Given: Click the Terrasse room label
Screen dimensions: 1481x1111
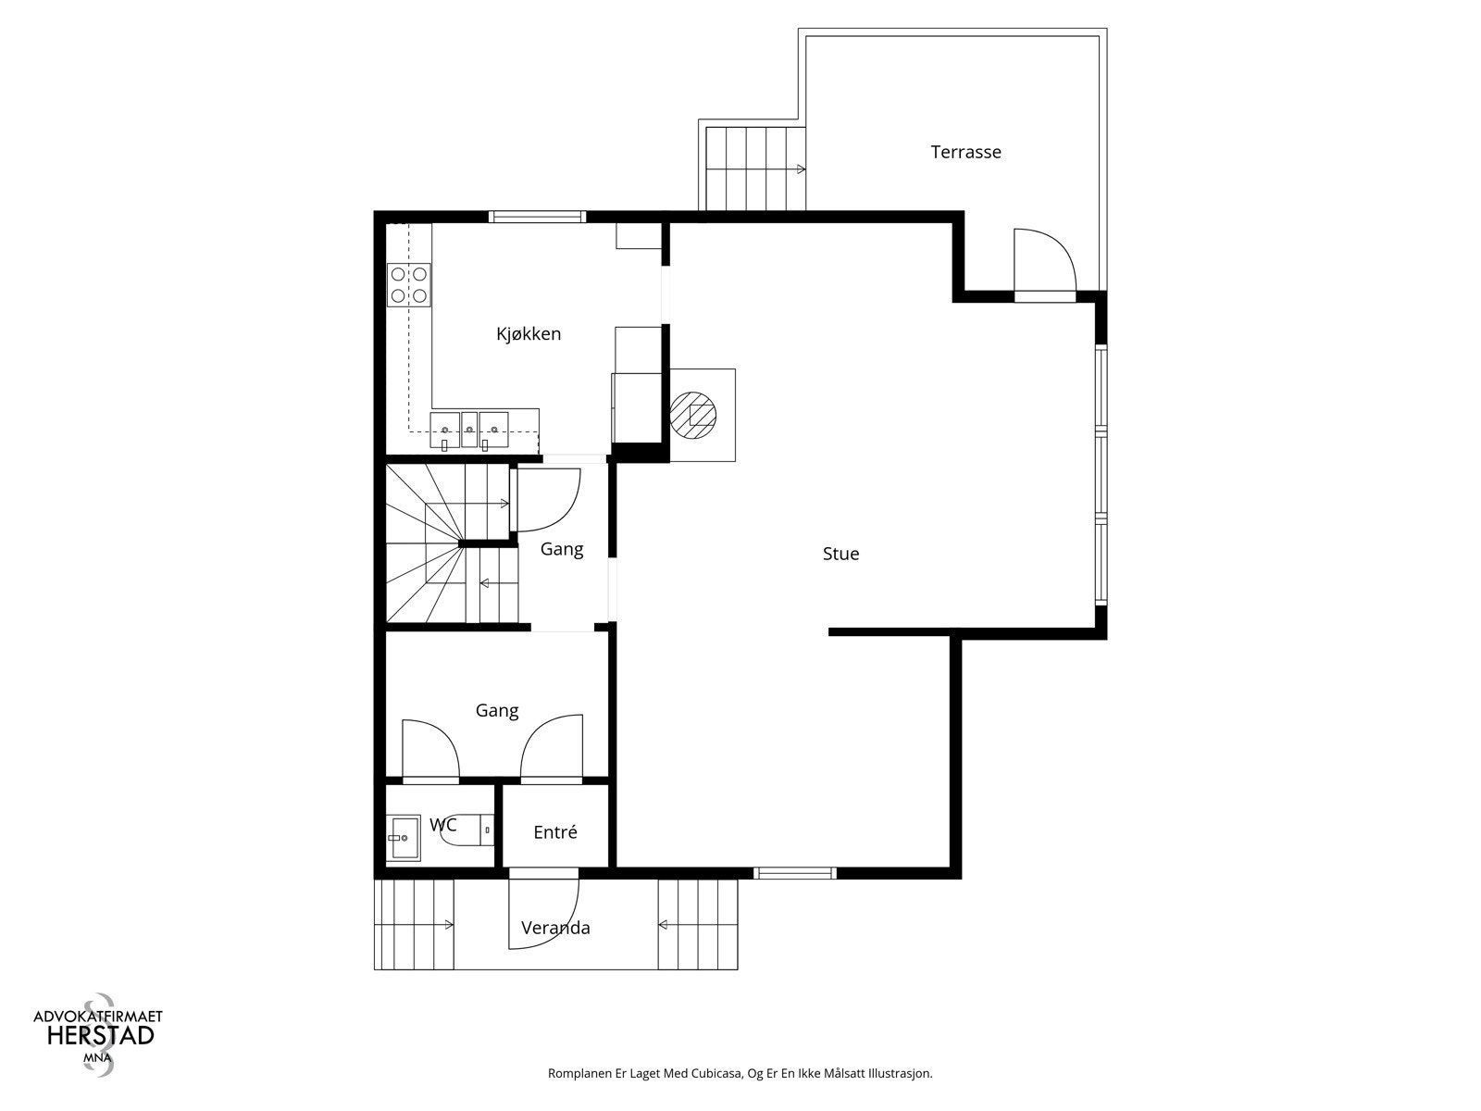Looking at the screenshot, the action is pyautogui.click(x=965, y=153).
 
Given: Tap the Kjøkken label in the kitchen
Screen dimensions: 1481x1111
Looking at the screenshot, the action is pyautogui.click(x=529, y=334).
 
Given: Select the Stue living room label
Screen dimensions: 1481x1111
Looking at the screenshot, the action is pyautogui.click(x=840, y=554).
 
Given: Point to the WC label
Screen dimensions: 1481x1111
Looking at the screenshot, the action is pyautogui.click(x=443, y=824).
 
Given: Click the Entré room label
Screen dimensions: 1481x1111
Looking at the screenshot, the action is pyautogui.click(x=555, y=832).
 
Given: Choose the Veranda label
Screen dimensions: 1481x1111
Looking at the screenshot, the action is pyautogui.click(x=555, y=928).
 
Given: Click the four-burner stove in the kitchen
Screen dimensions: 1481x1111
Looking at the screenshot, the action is pyautogui.click(x=409, y=284).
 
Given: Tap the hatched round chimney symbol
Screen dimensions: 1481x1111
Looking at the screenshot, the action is pyautogui.click(x=693, y=415).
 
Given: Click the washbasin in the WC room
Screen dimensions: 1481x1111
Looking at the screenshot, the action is pyautogui.click(x=404, y=838).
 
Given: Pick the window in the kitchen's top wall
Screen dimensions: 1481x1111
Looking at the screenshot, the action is pyautogui.click(x=537, y=217).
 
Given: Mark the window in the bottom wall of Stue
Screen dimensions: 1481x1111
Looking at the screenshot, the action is pyautogui.click(x=795, y=873).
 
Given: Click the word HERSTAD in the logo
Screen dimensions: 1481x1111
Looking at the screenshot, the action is pyautogui.click(x=101, y=1035).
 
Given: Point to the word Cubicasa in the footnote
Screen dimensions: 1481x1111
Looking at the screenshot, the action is pyautogui.click(x=717, y=1072).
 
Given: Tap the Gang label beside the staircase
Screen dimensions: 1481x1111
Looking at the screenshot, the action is pyautogui.click(x=562, y=549).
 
